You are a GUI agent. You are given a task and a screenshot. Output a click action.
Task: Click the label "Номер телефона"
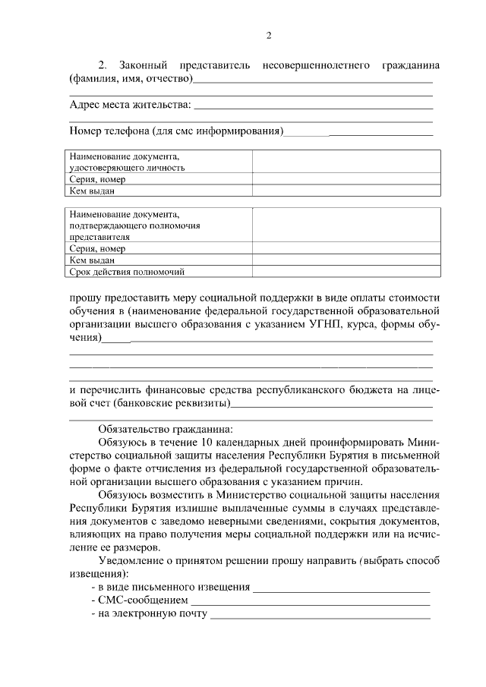pos(109,131)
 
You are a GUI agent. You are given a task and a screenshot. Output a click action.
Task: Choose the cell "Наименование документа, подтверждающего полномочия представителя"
pos(160,225)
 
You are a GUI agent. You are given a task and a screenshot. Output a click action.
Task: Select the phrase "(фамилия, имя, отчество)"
pos(131,79)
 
